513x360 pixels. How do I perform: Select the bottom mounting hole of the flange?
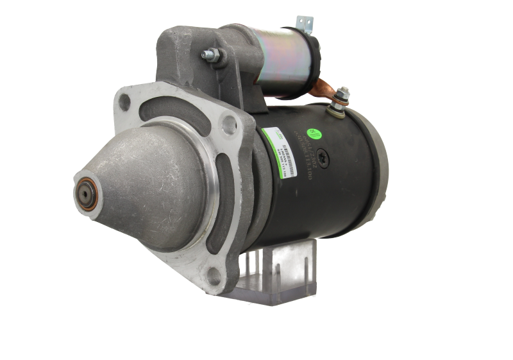(x=215, y=278)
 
